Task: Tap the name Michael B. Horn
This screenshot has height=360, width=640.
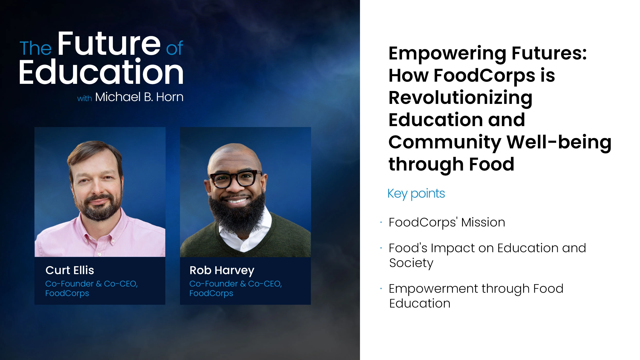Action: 139,97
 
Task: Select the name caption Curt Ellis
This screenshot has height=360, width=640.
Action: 70,270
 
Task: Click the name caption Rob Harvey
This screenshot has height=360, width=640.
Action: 222,271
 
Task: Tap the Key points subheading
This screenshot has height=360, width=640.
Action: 416,194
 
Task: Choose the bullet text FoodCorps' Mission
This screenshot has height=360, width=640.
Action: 447,222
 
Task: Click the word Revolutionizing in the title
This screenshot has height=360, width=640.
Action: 460,98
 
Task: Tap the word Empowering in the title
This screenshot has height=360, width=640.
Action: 447,53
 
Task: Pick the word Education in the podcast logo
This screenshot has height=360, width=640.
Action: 101,72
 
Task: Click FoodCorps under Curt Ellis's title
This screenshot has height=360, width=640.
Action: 67,293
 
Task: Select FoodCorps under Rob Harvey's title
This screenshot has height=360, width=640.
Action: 211,293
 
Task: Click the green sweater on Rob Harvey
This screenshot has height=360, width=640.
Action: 288,237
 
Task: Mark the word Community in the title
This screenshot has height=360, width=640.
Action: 445,142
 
